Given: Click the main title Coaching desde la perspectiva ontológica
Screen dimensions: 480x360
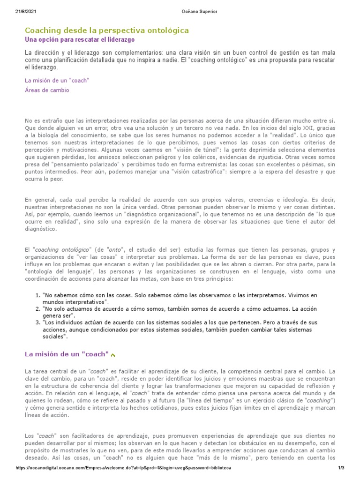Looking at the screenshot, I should [x=107, y=30].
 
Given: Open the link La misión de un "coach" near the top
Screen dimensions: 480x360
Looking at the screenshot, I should [x=57, y=81].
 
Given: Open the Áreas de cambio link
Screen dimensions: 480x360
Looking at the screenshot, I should [x=47, y=90].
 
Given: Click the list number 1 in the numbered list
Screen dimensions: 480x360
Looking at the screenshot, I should [x=38, y=296].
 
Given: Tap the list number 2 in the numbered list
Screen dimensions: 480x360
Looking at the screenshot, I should [x=38, y=309].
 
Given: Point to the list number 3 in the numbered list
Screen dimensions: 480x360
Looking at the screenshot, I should [x=38, y=323].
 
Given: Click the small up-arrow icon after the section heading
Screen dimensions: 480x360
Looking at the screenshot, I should [x=113, y=355].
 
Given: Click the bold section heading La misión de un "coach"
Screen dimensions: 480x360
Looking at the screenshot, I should [x=67, y=354].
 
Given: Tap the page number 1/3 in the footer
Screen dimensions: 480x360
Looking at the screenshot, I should [x=341, y=468].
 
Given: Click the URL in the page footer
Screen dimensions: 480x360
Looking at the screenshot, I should [x=123, y=468].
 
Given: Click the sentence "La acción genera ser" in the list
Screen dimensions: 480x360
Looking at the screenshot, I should [x=294, y=309].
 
